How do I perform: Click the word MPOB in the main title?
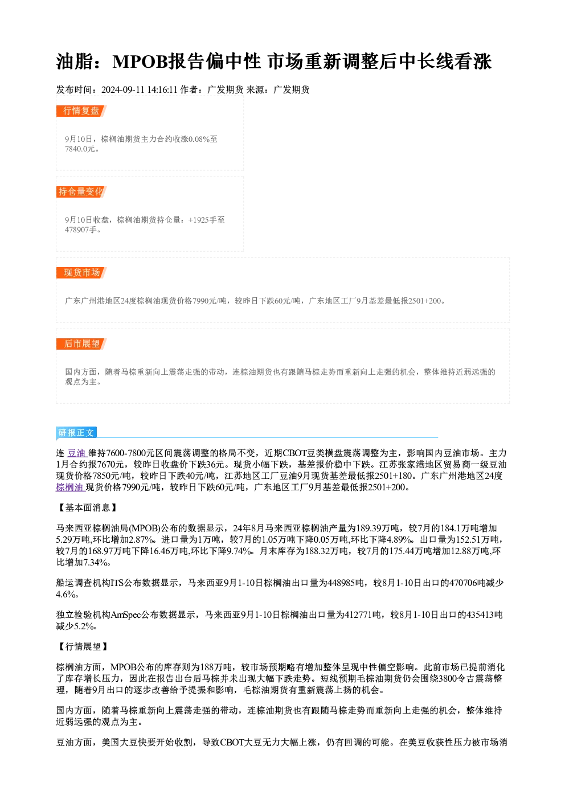(140, 62)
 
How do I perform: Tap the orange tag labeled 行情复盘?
(81, 111)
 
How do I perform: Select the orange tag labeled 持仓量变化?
(81, 192)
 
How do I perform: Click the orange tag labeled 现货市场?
(81, 273)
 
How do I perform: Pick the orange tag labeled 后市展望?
(81, 344)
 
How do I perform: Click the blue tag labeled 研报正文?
(76, 433)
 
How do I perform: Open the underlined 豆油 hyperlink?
(77, 453)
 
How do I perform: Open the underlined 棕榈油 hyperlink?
(70, 487)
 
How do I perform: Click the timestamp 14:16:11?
(162, 90)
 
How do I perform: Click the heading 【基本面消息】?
(87, 507)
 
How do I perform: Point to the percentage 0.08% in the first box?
(199, 139)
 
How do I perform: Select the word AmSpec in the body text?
(126, 615)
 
